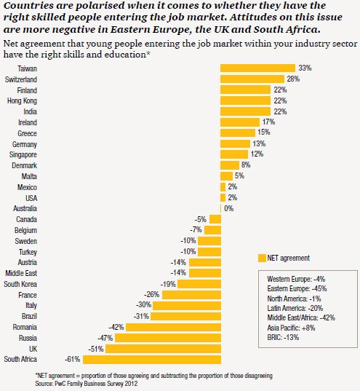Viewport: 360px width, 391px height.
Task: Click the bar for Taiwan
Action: tap(257, 68)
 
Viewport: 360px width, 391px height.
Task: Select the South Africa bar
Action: tap(152, 360)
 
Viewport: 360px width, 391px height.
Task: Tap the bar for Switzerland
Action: tap(252, 79)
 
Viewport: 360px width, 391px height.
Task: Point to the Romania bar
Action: tap(173, 327)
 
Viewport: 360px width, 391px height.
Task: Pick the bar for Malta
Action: tap(226, 176)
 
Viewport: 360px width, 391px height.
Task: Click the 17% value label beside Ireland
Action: tap(268, 122)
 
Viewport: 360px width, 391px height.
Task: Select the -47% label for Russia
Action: tap(105, 338)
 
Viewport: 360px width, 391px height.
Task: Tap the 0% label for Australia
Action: tap(228, 208)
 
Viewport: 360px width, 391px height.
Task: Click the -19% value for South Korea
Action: tap(168, 284)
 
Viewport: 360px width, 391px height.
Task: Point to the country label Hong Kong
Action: tap(22, 100)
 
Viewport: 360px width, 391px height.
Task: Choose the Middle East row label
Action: tap(21, 273)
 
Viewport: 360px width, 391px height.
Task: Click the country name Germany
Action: tap(25, 144)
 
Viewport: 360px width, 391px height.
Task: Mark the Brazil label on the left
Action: tap(29, 317)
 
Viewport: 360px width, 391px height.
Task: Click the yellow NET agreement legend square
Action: tap(262, 258)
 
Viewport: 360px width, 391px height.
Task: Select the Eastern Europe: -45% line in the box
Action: tap(297, 289)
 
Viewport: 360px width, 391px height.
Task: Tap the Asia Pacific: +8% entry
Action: tap(291, 328)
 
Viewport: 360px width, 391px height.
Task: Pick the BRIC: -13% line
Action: tap(283, 337)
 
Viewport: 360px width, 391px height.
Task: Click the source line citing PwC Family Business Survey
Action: tap(87, 383)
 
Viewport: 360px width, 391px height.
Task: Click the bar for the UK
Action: tap(163, 349)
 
